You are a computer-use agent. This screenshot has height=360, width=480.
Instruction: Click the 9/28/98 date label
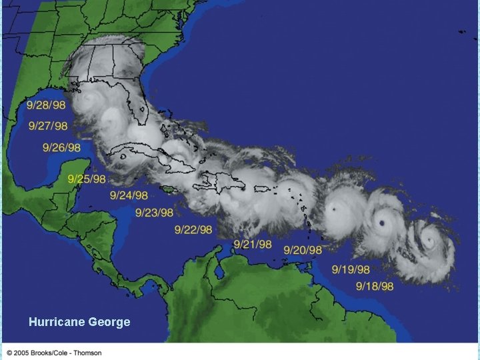(46, 105)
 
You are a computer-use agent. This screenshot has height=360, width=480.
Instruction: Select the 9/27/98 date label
(48, 126)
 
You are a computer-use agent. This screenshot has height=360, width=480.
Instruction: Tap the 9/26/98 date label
(61, 147)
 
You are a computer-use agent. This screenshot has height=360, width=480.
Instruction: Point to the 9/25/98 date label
(87, 179)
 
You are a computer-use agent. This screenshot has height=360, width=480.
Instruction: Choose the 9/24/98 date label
(129, 195)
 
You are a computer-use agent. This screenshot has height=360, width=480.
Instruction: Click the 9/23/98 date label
(154, 213)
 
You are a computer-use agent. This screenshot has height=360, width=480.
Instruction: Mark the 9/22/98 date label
(193, 230)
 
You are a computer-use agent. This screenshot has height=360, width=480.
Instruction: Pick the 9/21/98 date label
(252, 245)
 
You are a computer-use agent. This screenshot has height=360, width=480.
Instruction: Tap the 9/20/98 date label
(303, 250)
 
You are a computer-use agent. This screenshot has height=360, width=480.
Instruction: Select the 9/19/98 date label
(351, 270)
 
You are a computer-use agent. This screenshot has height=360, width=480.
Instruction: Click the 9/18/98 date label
(375, 287)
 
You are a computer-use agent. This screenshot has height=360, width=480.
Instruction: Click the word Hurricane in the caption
(56, 323)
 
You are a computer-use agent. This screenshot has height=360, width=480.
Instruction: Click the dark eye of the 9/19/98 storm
(381, 223)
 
